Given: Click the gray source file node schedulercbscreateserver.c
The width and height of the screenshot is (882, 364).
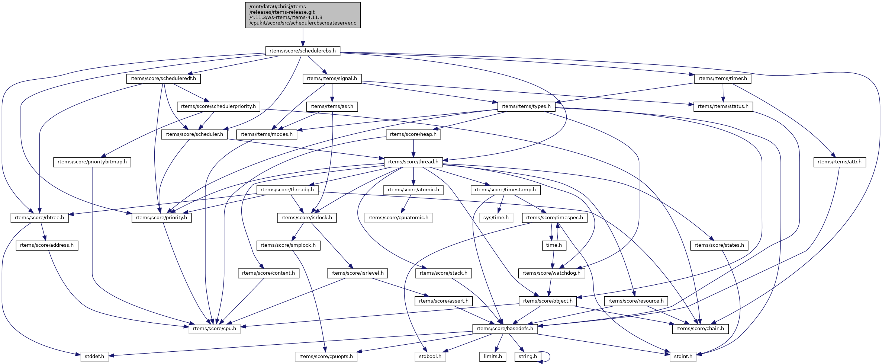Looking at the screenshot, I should [303, 15].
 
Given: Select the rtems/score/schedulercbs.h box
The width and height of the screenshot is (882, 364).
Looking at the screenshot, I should [303, 51].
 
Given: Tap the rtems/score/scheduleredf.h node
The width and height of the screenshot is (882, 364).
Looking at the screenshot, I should [163, 79].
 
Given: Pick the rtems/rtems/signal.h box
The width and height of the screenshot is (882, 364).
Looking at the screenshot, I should [332, 79].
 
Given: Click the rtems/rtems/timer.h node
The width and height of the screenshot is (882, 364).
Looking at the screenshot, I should [722, 79].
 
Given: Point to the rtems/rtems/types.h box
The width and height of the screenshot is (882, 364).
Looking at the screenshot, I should [526, 106].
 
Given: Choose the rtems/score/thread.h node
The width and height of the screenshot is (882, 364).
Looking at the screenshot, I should [413, 162].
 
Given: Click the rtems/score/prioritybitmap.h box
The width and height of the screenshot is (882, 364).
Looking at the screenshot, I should [92, 162].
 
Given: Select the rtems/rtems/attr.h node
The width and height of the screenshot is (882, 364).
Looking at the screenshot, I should [840, 162].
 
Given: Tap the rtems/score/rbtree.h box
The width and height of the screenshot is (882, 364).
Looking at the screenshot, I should [39, 218].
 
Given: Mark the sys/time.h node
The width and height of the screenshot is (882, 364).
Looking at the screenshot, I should [496, 218].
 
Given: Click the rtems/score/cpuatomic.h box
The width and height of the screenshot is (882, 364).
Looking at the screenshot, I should [398, 218].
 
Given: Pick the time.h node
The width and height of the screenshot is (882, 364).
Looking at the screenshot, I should [554, 245].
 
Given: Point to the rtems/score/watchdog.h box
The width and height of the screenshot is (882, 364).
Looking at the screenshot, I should [551, 273].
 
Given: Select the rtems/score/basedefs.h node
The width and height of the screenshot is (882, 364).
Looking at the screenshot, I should [505, 329].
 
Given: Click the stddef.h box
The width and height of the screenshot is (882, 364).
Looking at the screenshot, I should [94, 357].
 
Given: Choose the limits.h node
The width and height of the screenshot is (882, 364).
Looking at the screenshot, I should [493, 357].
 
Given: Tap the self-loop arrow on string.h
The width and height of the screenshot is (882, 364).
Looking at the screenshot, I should [549, 357].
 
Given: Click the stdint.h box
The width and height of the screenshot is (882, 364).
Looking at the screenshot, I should [683, 357].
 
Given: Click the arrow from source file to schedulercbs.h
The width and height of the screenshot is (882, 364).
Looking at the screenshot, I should [303, 37].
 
